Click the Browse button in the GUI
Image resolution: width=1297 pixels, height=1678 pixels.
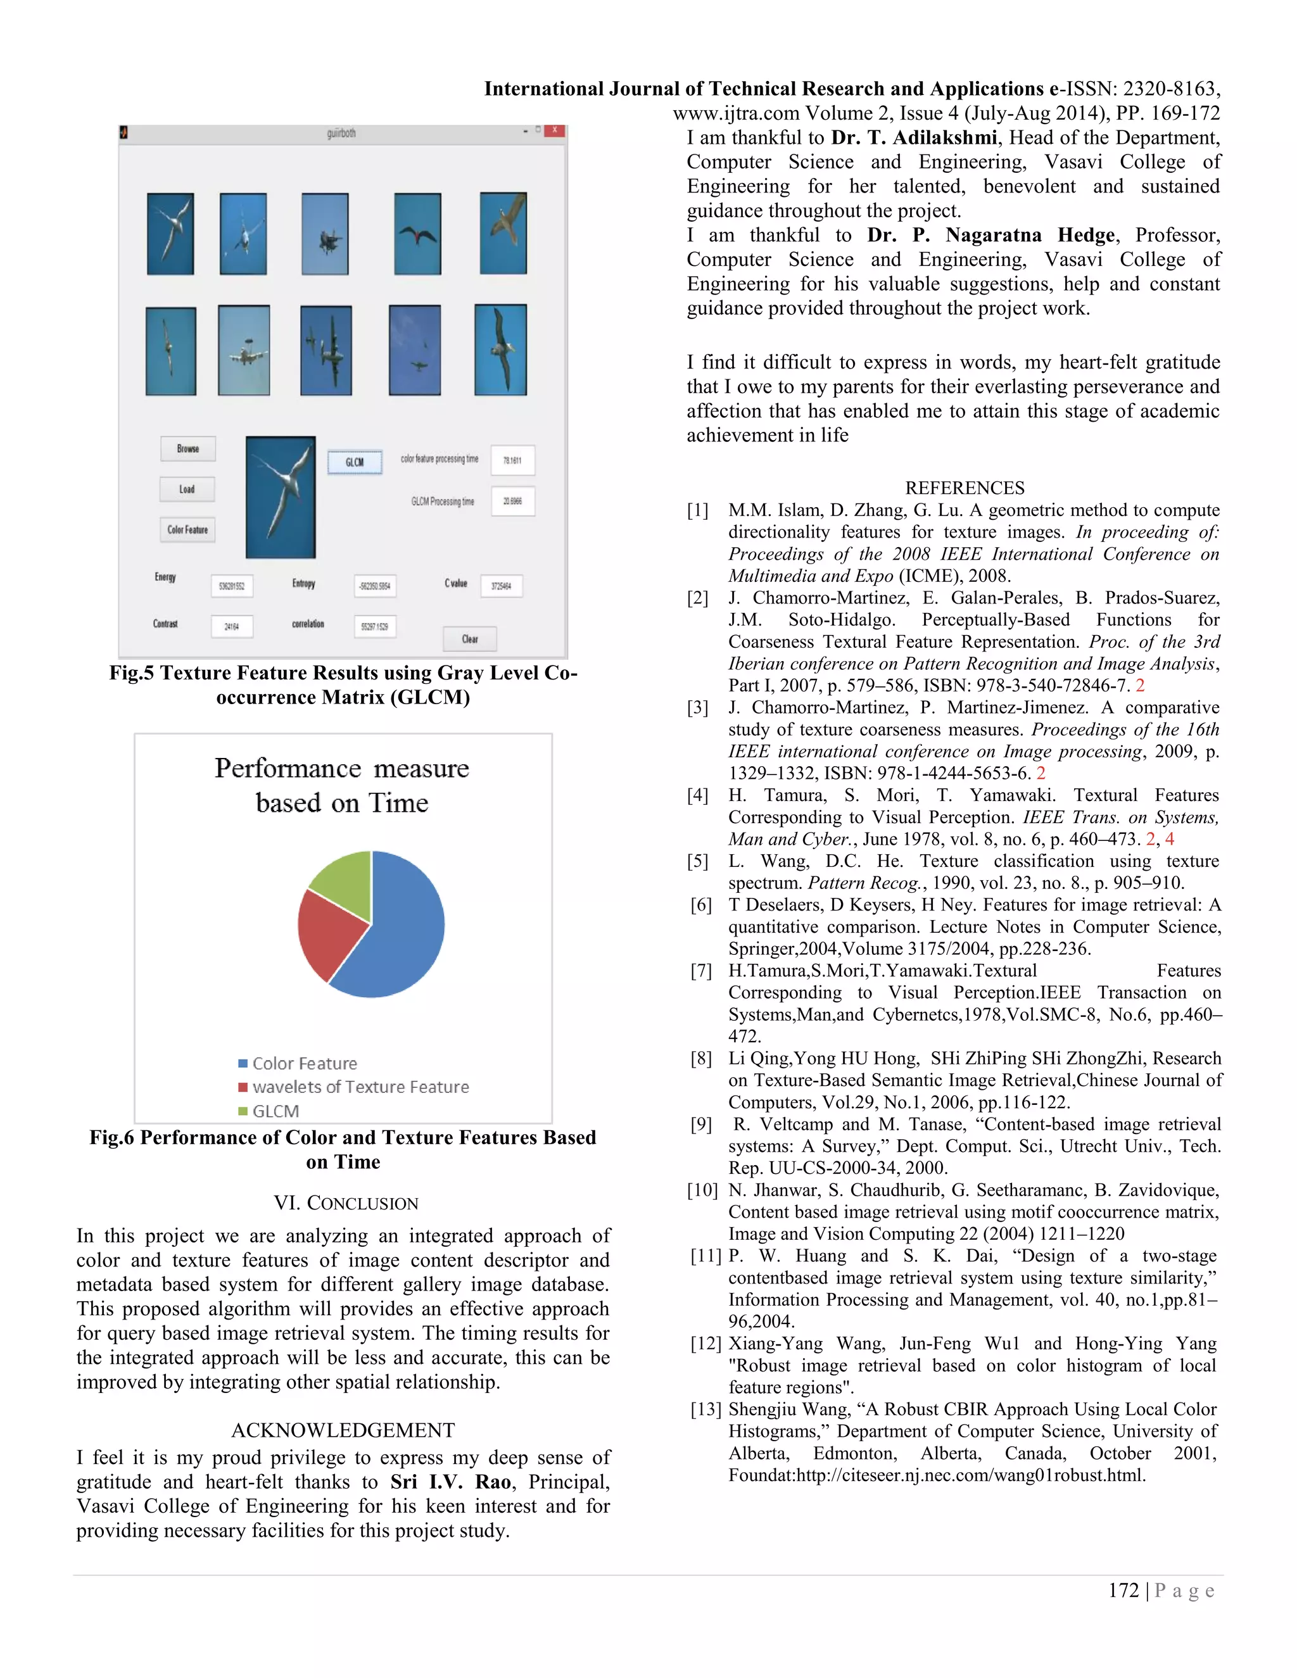[187, 449]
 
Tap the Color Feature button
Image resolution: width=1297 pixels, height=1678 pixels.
[187, 529]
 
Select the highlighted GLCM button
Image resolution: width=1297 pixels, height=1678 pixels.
[354, 462]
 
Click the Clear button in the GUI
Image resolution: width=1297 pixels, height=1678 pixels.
[469, 638]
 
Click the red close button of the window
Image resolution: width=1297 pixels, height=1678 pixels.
[554, 131]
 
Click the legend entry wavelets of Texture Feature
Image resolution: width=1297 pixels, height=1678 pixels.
[360, 1087]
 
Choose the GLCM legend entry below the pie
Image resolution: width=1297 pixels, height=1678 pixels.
[275, 1111]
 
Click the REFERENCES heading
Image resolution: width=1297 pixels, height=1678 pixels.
[965, 488]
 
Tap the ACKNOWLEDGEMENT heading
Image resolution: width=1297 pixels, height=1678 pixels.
[343, 1430]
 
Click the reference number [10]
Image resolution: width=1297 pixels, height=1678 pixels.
[702, 1190]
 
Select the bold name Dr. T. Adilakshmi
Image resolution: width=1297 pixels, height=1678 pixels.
[914, 137]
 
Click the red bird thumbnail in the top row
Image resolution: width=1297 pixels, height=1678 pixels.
[417, 234]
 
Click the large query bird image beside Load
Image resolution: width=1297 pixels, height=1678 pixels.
[281, 497]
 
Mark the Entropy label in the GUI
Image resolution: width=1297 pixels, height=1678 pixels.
[303, 583]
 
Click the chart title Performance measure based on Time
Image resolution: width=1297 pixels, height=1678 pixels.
[342, 785]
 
